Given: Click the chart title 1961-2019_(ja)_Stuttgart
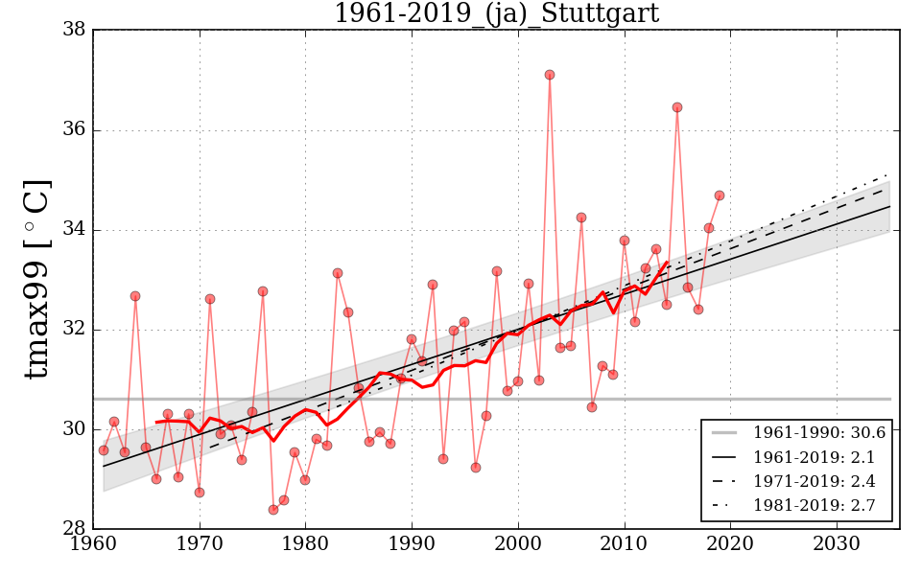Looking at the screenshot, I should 496,13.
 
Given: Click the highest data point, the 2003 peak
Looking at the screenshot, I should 550,75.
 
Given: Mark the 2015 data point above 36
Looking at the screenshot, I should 677,107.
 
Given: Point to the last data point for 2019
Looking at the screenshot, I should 720,195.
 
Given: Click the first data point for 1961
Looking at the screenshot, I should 104,450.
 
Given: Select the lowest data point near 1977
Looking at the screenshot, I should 273,510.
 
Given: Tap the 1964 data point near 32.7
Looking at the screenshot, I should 135,296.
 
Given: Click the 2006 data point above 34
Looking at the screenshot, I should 581,218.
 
